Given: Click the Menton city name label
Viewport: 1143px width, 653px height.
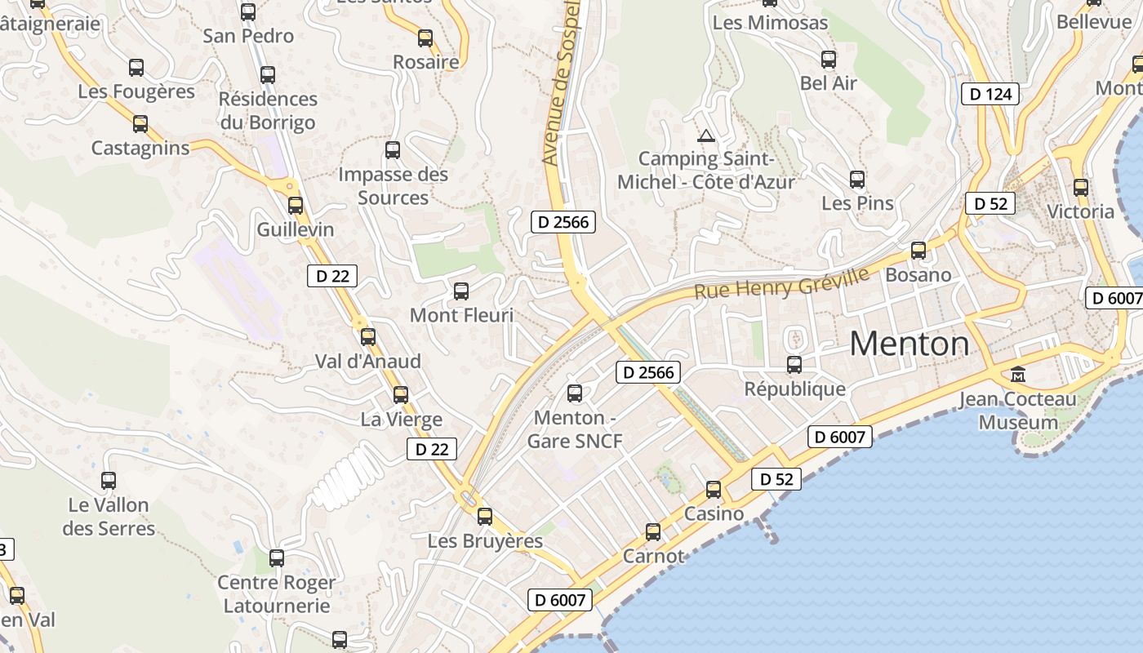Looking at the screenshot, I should click(x=910, y=344).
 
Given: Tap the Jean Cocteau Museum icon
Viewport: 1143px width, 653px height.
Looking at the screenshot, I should click(x=1018, y=375).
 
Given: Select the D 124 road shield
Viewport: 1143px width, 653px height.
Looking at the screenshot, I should click(x=991, y=94).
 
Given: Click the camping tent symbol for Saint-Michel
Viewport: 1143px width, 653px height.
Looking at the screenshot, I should click(x=706, y=135).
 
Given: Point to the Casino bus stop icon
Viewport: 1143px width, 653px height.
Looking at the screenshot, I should click(x=714, y=490).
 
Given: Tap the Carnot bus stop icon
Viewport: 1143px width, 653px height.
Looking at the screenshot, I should click(x=653, y=532).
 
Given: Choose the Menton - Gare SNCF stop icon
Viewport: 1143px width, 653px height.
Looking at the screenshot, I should click(x=575, y=394).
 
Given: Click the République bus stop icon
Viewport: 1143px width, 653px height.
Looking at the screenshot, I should click(x=794, y=365).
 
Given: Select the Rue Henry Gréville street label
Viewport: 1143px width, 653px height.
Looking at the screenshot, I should click(x=781, y=283).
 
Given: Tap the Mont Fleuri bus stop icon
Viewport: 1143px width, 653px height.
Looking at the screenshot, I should click(x=461, y=291).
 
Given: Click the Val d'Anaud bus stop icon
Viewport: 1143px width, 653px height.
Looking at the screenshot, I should click(x=368, y=337).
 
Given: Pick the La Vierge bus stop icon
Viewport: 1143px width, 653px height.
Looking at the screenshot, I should click(x=401, y=395).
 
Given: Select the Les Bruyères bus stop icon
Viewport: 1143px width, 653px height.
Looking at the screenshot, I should click(x=485, y=517).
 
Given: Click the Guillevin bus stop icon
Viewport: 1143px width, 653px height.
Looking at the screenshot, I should click(x=296, y=206).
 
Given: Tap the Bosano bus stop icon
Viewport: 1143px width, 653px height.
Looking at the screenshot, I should click(x=918, y=251).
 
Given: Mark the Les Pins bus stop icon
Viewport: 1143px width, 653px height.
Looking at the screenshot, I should click(x=857, y=180).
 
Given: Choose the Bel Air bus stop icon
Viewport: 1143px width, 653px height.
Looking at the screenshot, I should click(x=829, y=60).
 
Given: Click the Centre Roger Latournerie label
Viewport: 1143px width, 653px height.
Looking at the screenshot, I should click(x=276, y=594).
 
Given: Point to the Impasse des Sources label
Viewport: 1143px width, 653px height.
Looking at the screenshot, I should click(x=393, y=185).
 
